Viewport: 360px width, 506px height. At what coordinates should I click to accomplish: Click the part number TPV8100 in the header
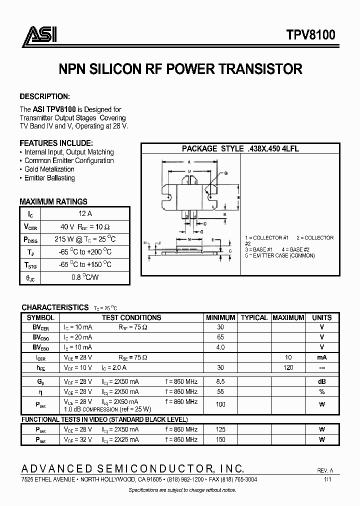(310, 35)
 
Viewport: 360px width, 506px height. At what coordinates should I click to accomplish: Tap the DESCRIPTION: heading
(44, 96)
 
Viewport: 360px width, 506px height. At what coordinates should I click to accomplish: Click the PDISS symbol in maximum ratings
(29, 239)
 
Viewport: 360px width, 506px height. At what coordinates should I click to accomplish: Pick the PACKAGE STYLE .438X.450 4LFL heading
(240, 148)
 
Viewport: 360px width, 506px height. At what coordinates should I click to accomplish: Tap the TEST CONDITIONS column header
(131, 317)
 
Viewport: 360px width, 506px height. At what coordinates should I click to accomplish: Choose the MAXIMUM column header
(288, 317)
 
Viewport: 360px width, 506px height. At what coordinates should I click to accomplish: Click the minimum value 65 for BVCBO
(220, 337)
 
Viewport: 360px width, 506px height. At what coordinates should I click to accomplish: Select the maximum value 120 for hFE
(288, 367)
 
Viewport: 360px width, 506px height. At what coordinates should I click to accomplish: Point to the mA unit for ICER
(322, 357)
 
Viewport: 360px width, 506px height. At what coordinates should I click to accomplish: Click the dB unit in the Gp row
(322, 381)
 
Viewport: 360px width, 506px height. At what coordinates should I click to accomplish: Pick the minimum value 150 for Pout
(220, 439)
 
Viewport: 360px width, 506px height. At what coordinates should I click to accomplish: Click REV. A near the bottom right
(325, 470)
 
